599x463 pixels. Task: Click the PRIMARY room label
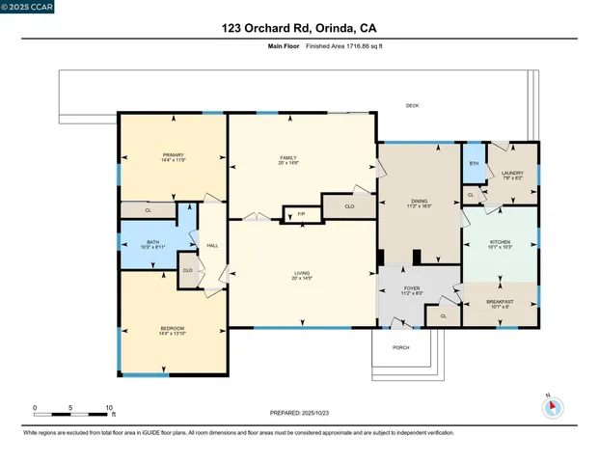pyautogui.click(x=174, y=154)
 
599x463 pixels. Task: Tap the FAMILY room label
pyautogui.click(x=287, y=157)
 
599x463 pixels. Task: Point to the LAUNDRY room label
pyautogui.click(x=512, y=174)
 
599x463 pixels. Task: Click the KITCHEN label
pyautogui.click(x=500, y=241)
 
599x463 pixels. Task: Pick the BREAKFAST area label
pyautogui.click(x=500, y=303)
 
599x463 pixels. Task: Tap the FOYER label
pyautogui.click(x=412, y=286)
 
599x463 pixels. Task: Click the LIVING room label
pyautogui.click(x=302, y=274)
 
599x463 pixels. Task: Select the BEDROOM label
pyautogui.click(x=173, y=329)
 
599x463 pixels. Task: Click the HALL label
pyautogui.click(x=212, y=245)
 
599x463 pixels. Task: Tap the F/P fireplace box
pyautogui.click(x=301, y=212)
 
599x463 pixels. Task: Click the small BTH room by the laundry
pyautogui.click(x=474, y=163)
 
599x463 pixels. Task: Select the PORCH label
pyautogui.click(x=400, y=346)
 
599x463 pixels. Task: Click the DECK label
pyautogui.click(x=412, y=104)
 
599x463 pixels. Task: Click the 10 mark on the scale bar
pyautogui.click(x=109, y=408)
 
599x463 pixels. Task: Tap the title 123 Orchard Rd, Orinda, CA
pyautogui.click(x=299, y=27)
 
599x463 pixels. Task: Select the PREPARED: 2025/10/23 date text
pyautogui.click(x=300, y=412)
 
